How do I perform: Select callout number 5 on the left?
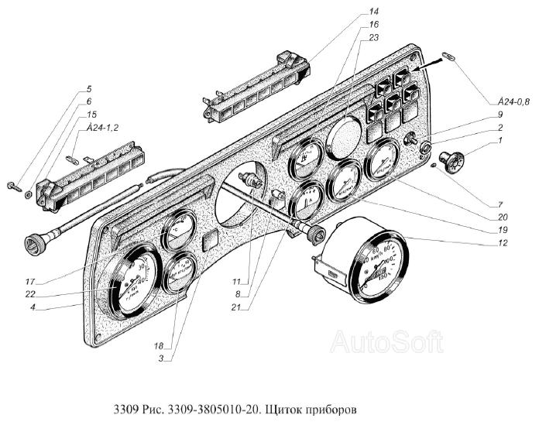[89, 90]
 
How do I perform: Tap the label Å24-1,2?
[97, 128]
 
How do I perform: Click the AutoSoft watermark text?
[387, 341]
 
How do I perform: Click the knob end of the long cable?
[34, 246]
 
